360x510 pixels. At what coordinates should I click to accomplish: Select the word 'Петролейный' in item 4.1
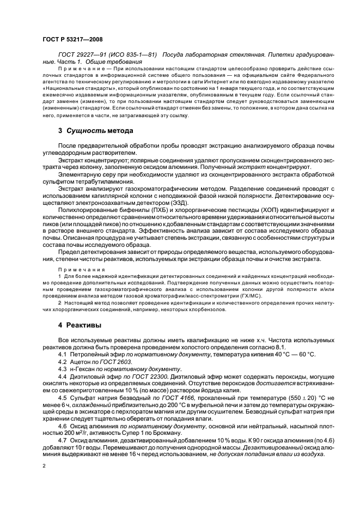coord(90,355)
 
